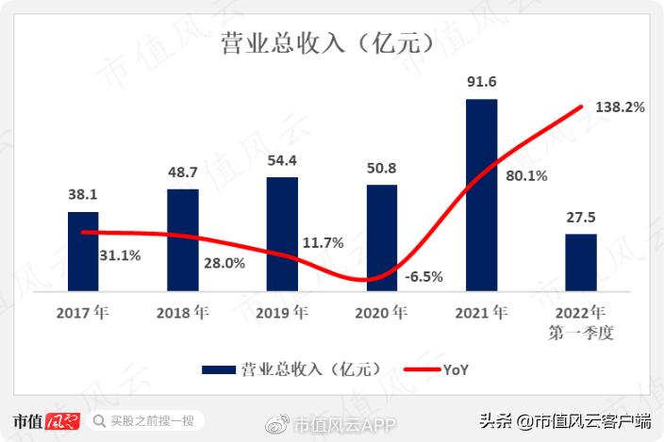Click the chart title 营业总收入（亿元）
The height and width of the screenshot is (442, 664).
(331, 43)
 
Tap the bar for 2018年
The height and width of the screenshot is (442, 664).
(183, 239)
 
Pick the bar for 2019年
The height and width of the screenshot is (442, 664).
(282, 234)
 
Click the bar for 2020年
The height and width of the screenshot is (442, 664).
(382, 237)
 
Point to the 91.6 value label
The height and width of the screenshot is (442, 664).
(481, 82)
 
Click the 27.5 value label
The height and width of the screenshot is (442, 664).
(581, 217)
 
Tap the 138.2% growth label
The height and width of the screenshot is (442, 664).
(620, 108)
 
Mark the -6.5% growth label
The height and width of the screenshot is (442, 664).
(423, 277)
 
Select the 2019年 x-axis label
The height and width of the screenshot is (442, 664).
(282, 312)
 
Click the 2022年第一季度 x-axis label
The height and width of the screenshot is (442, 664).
(581, 322)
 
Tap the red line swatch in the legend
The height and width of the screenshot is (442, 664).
(419, 370)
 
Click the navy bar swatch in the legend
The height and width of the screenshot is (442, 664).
(219, 370)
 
